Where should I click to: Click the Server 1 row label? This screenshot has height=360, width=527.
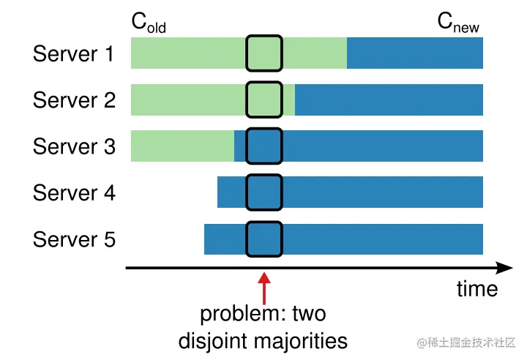[74, 53]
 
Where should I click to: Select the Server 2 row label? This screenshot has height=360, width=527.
[74, 100]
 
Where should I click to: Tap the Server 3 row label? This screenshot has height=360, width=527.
[74, 146]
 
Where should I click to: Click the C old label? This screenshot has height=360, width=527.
[149, 23]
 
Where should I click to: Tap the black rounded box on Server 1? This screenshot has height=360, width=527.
[263, 53]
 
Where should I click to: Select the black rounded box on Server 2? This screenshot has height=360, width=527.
[263, 100]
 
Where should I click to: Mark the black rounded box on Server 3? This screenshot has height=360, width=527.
[263, 146]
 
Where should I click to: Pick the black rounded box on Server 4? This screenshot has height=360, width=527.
[263, 192]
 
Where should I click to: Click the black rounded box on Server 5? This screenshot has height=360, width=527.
[263, 239]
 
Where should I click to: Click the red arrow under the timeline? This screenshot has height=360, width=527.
[264, 288]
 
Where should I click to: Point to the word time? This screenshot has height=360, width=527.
[476, 289]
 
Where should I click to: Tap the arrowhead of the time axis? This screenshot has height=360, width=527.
[504, 268]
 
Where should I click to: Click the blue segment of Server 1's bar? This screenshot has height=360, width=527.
[414, 53]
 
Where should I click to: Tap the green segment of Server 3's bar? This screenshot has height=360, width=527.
[182, 146]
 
